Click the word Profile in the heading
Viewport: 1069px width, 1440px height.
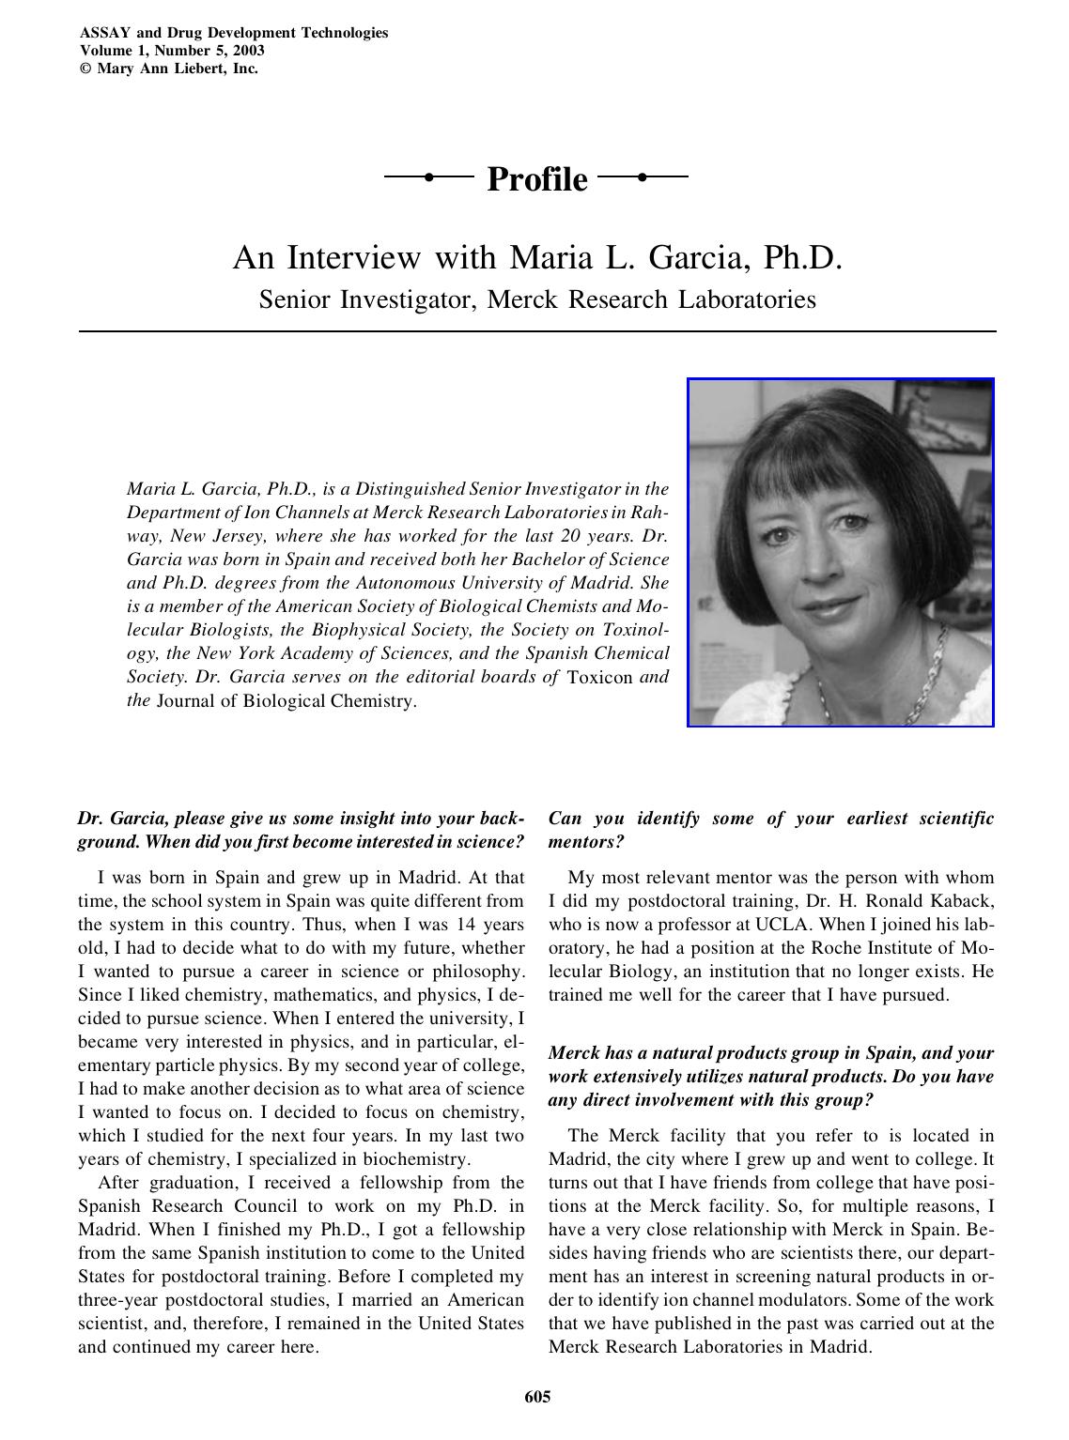pos(536,178)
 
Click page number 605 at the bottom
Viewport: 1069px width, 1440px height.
pos(537,1397)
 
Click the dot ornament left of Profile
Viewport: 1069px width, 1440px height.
pos(428,176)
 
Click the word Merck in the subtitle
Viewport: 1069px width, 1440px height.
pos(522,299)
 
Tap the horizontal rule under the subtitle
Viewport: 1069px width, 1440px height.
pos(536,331)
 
